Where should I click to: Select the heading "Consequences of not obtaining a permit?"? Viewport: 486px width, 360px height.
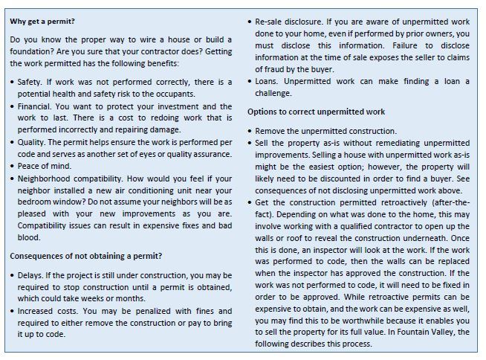pos(86,257)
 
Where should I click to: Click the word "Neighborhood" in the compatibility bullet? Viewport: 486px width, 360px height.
pos(47,179)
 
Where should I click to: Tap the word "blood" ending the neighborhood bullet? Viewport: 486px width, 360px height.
pos(28,237)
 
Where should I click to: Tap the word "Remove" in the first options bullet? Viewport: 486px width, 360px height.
pos(272,131)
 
